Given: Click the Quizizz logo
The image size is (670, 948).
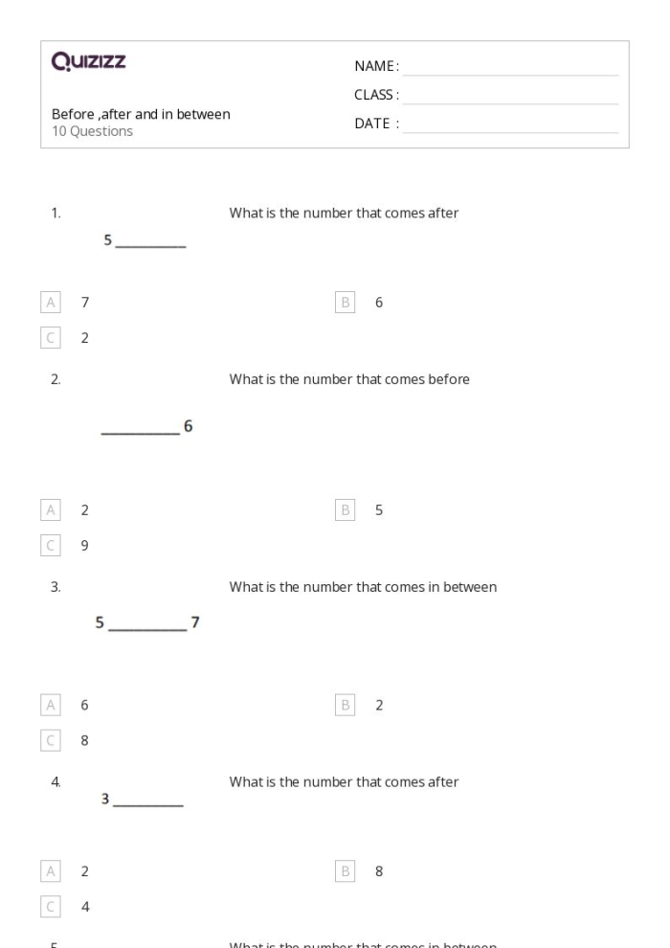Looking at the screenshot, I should coord(89,63).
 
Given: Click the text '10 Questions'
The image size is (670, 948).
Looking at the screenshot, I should coord(92,131).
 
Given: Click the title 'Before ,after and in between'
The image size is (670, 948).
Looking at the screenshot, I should coord(141,114).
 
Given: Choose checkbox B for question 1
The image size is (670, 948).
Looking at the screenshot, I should coord(346,303).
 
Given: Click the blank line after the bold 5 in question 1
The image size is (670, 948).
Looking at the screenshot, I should coord(150,247).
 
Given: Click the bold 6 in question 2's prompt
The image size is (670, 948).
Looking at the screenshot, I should coord(189,426).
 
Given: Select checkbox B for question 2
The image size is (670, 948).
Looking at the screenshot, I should coord(346,510).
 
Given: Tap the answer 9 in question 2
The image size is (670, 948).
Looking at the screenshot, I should coord(84,545).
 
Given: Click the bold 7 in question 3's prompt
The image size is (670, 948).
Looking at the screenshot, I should coord(195,623).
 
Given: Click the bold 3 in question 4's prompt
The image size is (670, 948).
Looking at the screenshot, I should coord(106,800).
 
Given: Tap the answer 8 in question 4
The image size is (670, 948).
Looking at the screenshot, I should coord(379,871).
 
